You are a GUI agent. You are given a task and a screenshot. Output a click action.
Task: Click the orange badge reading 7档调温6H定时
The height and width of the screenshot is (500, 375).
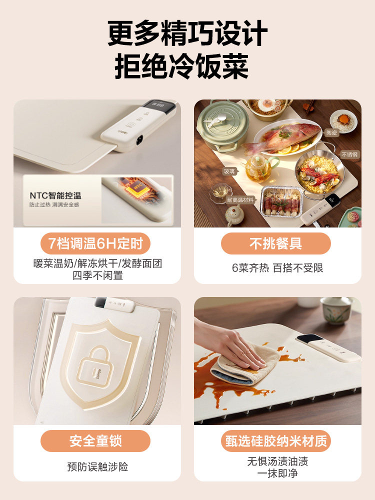tap(95, 243)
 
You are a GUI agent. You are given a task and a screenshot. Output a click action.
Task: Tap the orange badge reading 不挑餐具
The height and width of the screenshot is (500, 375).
tap(275, 243)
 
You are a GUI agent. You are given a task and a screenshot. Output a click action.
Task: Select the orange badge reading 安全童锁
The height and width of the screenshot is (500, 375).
tap(95, 441)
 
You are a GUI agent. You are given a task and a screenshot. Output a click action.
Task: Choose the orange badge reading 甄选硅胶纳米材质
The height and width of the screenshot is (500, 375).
tap(275, 441)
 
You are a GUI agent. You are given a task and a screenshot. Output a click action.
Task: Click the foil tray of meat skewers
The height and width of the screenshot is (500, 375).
tap(280, 201)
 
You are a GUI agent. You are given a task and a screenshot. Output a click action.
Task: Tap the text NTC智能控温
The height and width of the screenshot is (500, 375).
tap(55, 195)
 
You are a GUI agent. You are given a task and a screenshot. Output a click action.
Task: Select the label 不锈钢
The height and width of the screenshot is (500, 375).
tap(348, 154)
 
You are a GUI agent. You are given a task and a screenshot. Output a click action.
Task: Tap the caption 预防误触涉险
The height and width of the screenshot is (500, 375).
tap(97, 467)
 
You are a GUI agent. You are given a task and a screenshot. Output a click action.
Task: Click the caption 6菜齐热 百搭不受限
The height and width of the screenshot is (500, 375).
tap(277, 267)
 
